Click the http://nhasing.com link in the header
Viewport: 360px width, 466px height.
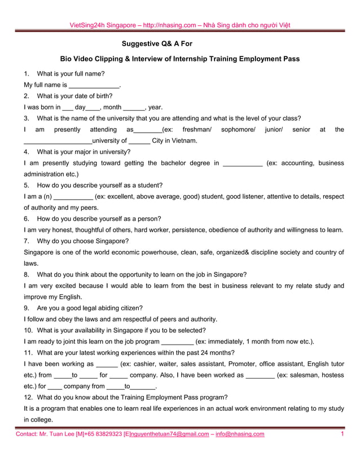tap(169, 25)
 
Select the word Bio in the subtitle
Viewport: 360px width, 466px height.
tap(67, 59)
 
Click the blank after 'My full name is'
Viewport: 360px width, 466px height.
tap(94, 85)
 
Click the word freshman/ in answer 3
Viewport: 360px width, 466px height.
tap(197, 130)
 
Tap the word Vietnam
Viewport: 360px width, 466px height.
tap(183, 141)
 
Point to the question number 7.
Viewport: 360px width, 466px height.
tap(27, 241)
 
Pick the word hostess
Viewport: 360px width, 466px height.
tap(331, 375)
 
